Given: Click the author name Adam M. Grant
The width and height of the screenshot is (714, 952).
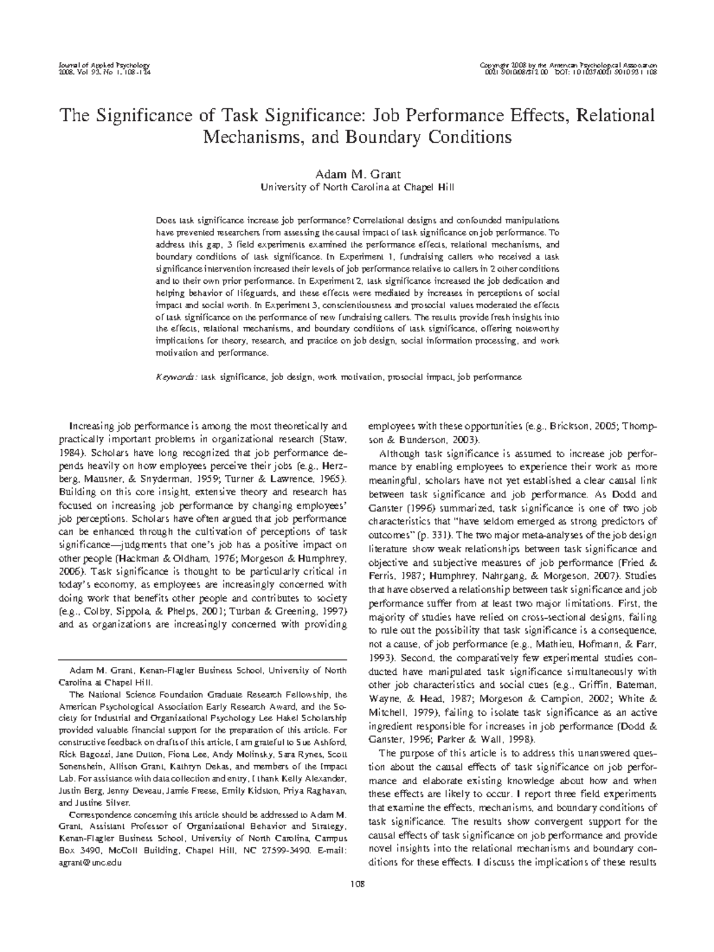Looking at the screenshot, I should click(x=357, y=174).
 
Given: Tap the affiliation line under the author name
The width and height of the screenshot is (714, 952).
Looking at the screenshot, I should click(x=357, y=187).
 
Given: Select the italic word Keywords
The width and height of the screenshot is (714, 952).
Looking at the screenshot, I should click(x=176, y=377).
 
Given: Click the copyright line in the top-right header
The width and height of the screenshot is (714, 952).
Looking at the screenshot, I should click(x=571, y=64).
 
